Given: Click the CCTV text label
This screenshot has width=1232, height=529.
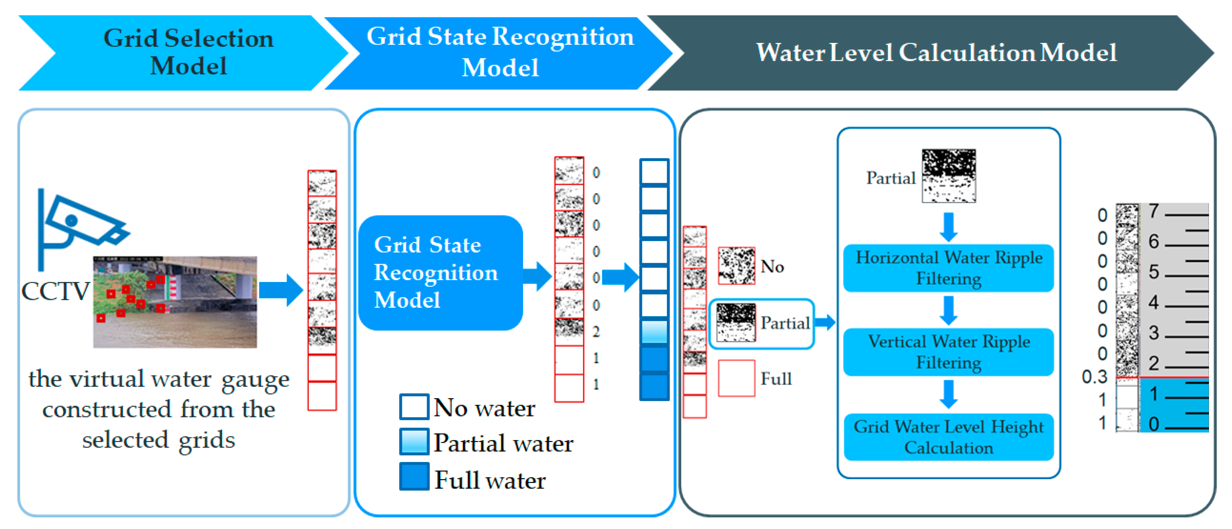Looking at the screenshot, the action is [x=56, y=291].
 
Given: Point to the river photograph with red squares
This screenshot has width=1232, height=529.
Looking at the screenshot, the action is [x=175, y=302].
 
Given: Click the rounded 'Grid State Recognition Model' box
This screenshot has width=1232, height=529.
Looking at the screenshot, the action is [x=440, y=273].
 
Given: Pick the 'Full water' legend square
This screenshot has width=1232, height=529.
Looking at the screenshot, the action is [x=414, y=476].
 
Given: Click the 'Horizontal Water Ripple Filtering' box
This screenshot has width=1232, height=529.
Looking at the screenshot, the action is [x=948, y=268].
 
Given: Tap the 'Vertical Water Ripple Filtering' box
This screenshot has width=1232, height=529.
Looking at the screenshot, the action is [x=948, y=352].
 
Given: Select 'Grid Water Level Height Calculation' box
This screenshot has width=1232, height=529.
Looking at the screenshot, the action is [x=948, y=437].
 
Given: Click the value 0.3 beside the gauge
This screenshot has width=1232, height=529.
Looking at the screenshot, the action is [x=1094, y=377].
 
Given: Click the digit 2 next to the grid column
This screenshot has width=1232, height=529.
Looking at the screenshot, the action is [x=596, y=331].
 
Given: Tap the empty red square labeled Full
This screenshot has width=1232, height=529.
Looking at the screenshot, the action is [x=737, y=378].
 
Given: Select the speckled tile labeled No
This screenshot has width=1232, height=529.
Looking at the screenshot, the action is [x=737, y=266].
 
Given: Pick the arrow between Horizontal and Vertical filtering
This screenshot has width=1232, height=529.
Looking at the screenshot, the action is [x=948, y=310].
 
